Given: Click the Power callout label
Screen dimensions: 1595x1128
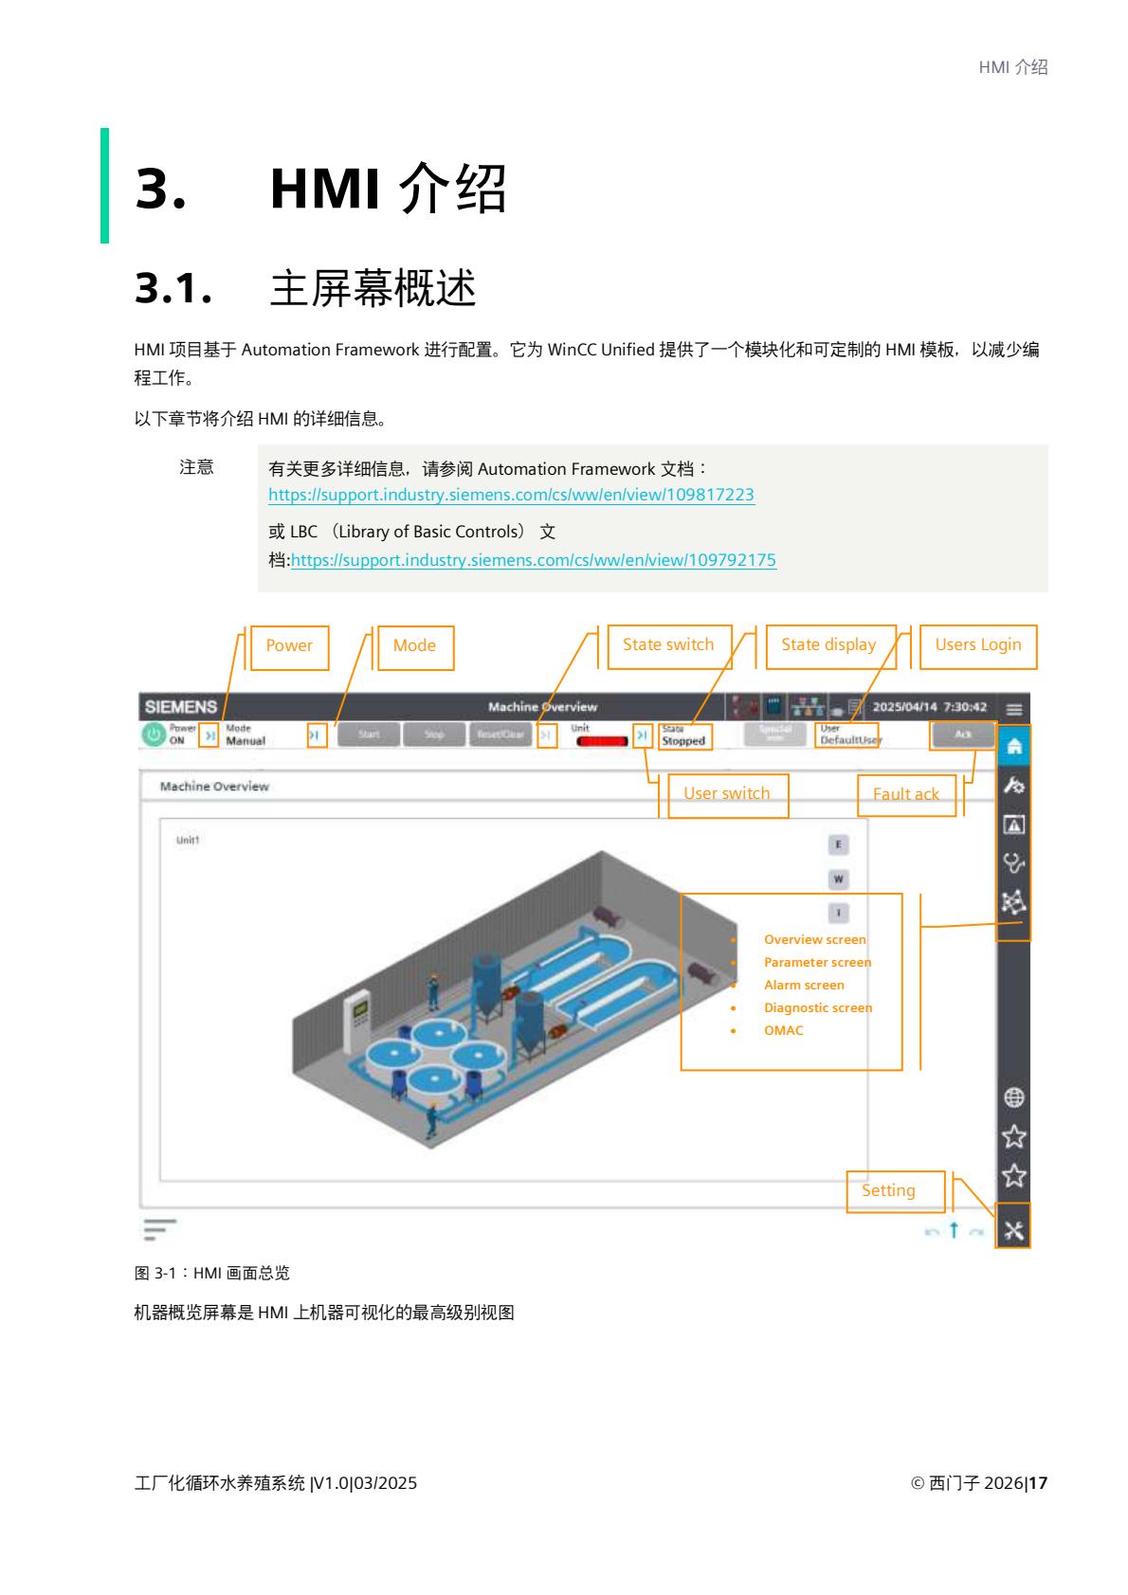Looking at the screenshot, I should (288, 646).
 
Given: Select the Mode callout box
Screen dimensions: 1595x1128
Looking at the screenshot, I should (415, 646).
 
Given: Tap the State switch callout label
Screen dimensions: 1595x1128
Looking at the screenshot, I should (668, 645).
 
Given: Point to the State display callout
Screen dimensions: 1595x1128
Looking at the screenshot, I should (828, 645).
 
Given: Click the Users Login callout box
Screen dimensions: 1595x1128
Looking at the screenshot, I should (977, 645).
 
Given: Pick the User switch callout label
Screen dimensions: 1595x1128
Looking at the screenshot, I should (726, 794).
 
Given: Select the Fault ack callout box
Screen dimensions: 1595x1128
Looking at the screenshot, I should (905, 795).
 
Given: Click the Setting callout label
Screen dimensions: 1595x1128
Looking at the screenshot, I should (888, 1191).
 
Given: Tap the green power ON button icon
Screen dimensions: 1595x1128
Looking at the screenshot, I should (154, 735).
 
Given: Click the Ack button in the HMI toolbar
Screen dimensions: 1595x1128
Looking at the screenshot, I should (962, 734).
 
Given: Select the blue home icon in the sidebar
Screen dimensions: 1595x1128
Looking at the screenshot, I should (1013, 747).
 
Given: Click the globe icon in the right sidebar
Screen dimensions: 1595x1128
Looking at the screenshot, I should (1013, 1097).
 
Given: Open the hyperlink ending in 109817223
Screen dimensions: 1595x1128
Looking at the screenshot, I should (511, 495).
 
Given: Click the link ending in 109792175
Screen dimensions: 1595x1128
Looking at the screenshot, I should (533, 560).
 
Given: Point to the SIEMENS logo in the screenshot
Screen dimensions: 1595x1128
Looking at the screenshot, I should (180, 707).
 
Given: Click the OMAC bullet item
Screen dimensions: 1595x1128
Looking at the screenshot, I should (783, 1031).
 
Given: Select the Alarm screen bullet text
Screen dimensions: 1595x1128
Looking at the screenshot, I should (804, 986).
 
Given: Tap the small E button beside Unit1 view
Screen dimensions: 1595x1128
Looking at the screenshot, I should (838, 844).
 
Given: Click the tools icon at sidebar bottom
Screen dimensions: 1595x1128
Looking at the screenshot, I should (1013, 1231).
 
